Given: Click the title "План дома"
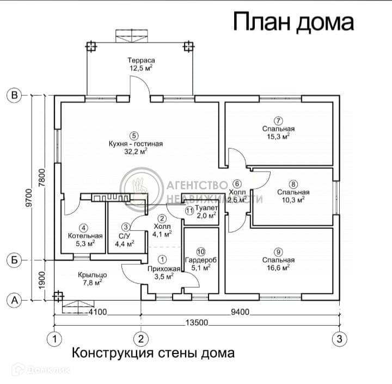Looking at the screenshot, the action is point(293,22).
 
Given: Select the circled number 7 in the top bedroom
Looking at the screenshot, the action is point(278,120).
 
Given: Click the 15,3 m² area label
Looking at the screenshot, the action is point(278,137).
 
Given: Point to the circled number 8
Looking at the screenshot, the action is point(293,184).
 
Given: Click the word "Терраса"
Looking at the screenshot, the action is point(142,60).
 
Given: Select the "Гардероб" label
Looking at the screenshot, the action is point(201,260).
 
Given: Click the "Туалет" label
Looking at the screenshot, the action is point(207,208).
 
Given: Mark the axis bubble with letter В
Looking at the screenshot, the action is point(14,96).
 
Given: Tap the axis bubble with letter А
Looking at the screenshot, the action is point(14,299).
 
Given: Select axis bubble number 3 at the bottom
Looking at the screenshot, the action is point(339,338).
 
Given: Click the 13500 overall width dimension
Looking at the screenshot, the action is point(197,322).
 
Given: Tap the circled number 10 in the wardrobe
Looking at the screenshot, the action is point(201,252).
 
